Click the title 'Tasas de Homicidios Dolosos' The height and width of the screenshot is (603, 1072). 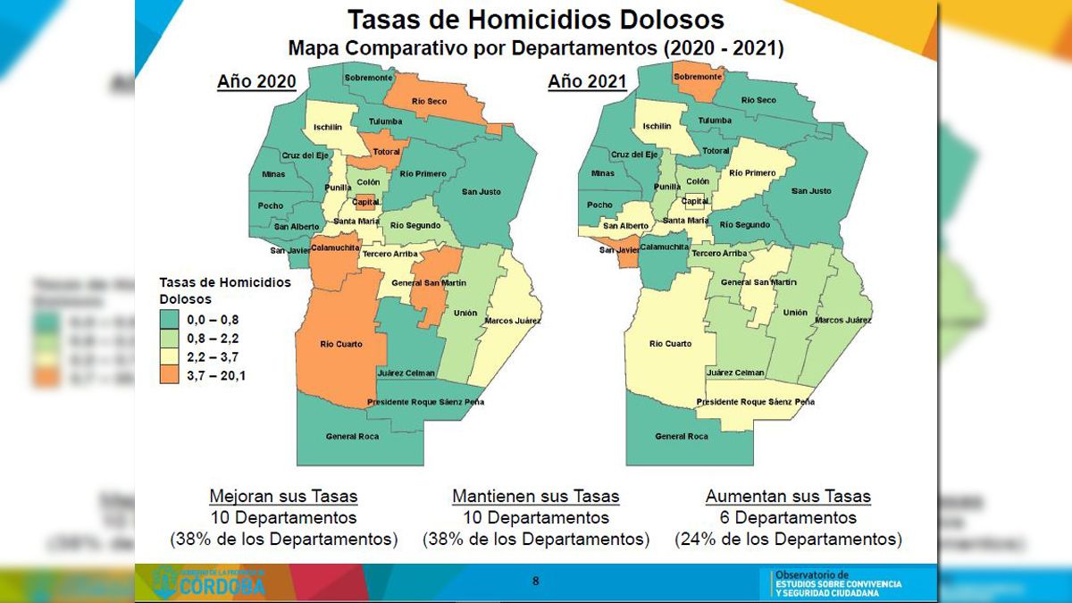tap(535, 20)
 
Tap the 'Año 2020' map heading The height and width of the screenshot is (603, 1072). tap(256, 82)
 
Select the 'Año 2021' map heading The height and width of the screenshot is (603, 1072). tap(587, 82)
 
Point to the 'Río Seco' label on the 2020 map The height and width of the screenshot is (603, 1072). tap(430, 102)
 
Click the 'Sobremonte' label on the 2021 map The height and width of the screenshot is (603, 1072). tap(698, 78)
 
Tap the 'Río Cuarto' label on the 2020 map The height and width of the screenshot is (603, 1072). tap(339, 343)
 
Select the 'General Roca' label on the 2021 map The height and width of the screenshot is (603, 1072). tap(682, 436)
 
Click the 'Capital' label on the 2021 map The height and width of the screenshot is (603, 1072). tap(695, 201)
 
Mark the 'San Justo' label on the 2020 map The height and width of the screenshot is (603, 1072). tap(482, 191)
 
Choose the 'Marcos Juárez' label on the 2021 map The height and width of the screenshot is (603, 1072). tap(842, 319)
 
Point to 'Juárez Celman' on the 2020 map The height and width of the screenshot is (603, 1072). tap(406, 373)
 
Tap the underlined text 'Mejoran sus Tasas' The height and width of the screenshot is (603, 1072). tap(283, 496)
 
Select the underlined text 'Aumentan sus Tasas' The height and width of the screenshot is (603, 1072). tap(788, 496)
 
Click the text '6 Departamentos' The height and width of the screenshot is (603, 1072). tap(788, 517)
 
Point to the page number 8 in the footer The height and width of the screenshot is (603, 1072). tap(536, 581)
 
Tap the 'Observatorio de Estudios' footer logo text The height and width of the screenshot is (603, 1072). tap(835, 583)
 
